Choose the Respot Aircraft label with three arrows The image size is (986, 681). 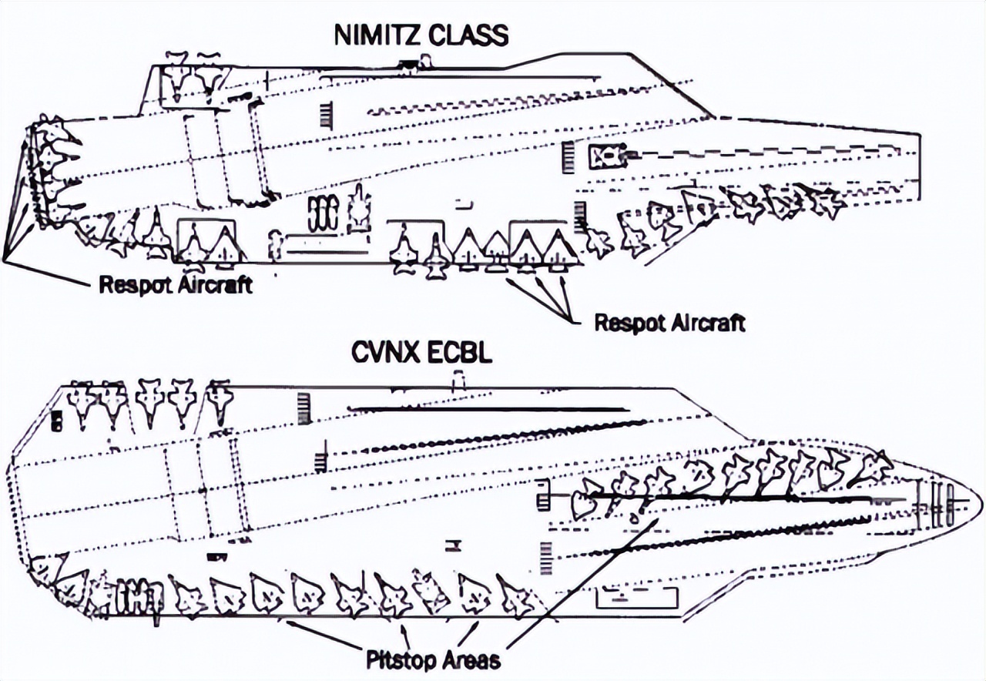(x=670, y=323)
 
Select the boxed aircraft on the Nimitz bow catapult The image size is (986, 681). (x=609, y=156)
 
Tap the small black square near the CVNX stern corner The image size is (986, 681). (x=56, y=421)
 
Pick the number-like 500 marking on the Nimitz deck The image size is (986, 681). (x=324, y=214)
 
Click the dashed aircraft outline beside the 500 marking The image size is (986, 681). (x=360, y=210)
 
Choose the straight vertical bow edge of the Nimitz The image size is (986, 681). (x=919, y=167)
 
